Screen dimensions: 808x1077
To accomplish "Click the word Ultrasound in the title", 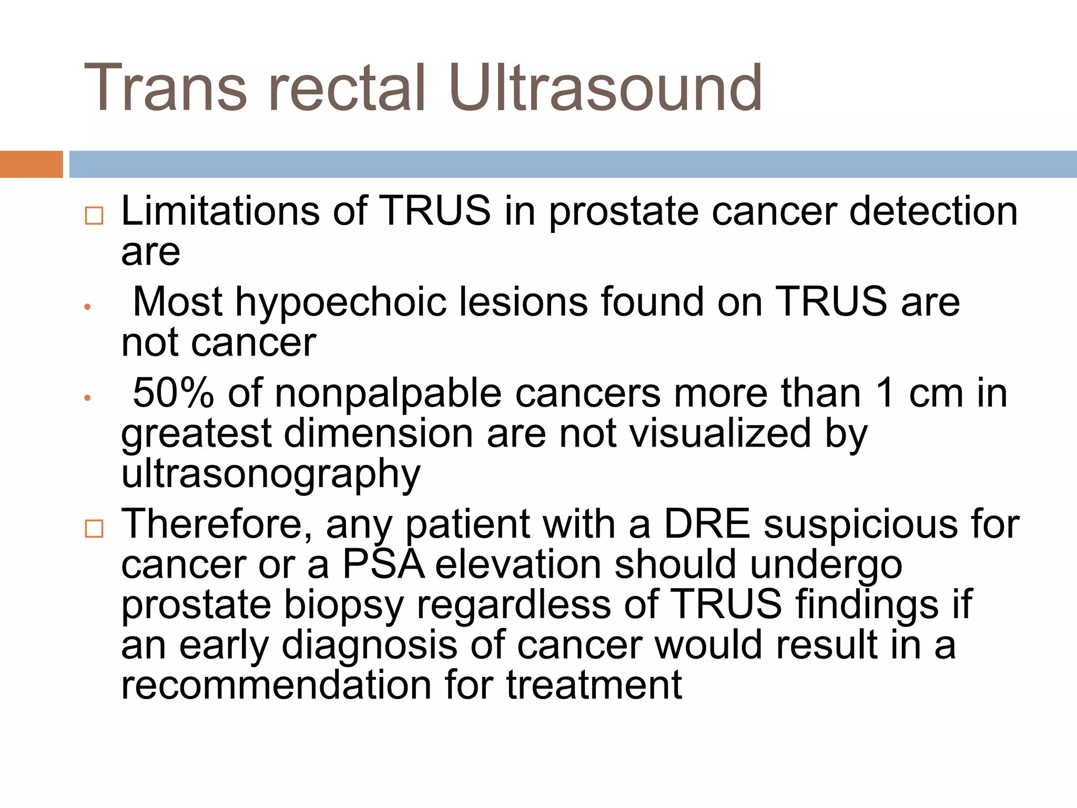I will [605, 88].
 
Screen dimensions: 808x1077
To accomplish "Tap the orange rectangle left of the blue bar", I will [31, 164].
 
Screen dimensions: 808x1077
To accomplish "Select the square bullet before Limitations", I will [94, 216].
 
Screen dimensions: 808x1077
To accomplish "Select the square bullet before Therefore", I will [94, 528].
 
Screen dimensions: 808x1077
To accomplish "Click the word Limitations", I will [220, 211].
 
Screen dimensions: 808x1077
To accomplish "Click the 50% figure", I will [173, 393].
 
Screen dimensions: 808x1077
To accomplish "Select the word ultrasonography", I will [271, 474].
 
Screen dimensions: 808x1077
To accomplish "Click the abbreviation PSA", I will [383, 564].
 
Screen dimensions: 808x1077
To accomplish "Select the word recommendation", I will [277, 685].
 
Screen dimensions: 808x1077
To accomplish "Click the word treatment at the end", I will [594, 685].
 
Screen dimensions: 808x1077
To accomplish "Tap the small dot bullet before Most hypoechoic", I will [88, 307].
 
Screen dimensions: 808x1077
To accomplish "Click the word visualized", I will [720, 433].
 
